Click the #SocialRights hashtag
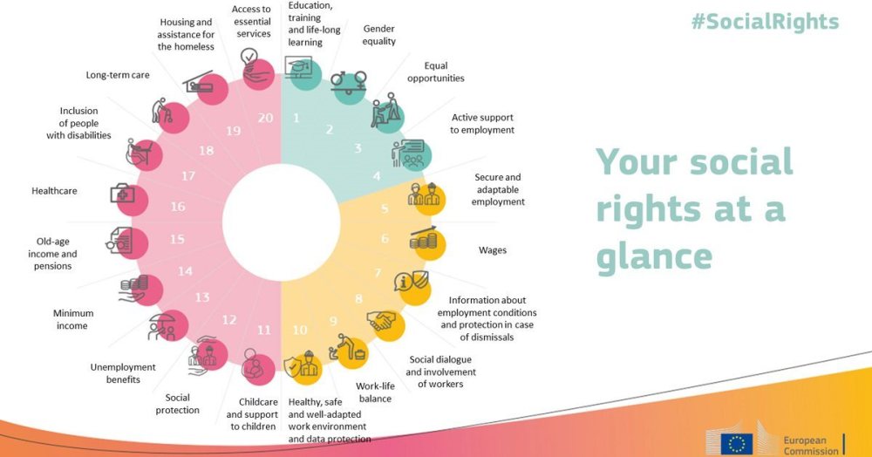point(765,22)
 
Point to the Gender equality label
point(379,35)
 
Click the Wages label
point(493,250)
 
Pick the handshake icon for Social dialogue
point(383,322)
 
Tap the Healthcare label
point(54,190)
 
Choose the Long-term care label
point(118,75)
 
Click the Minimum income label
point(72,319)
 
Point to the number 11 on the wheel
point(263,330)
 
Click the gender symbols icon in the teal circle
point(349,82)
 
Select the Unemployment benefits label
point(123,373)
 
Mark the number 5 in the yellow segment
point(385,209)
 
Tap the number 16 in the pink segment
point(178,208)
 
